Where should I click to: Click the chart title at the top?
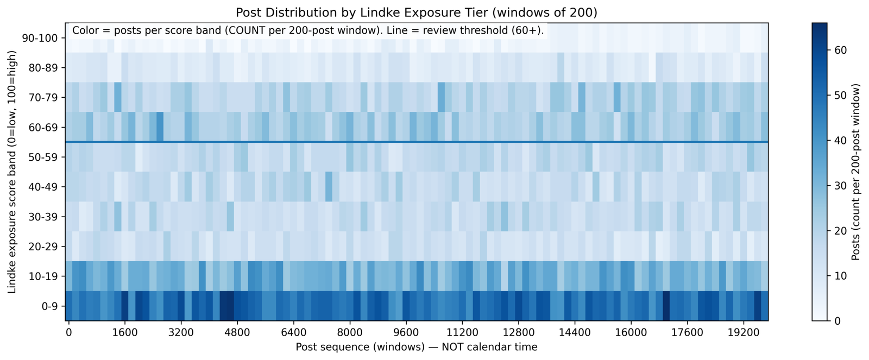pyautogui.click(x=417, y=12)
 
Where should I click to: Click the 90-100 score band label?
pyautogui.click(x=44, y=38)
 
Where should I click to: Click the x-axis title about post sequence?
pyautogui.click(x=417, y=346)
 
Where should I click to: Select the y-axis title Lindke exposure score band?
pyautogui.click(x=12, y=172)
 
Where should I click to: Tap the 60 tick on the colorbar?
pyautogui.click(x=840, y=50)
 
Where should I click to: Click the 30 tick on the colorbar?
pyautogui.click(x=840, y=186)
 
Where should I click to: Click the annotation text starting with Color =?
pyautogui.click(x=307, y=31)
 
